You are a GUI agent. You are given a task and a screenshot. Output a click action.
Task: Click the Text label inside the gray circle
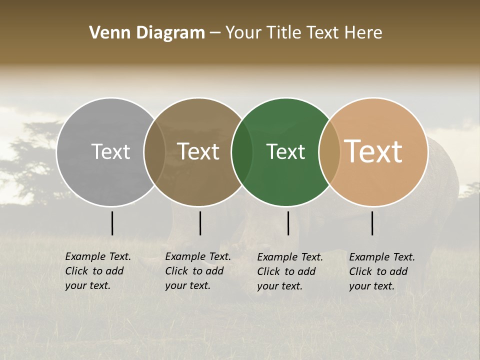click(x=110, y=151)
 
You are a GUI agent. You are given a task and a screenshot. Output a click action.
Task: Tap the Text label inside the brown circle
click(x=198, y=151)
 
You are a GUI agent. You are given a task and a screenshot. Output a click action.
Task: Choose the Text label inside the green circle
click(x=286, y=151)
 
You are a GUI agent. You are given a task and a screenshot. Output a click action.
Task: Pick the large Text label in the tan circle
click(x=373, y=151)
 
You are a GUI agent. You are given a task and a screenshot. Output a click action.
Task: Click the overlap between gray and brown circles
click(x=154, y=152)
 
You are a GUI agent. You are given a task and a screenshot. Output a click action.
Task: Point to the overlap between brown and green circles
click(x=242, y=152)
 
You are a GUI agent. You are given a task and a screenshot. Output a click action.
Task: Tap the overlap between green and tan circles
click(x=329, y=152)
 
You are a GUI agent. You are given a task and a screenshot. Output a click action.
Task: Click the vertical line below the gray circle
click(x=112, y=223)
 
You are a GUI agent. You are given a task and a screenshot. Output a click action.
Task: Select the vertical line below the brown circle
click(x=200, y=223)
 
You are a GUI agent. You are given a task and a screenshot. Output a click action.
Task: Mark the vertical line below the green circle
click(x=288, y=223)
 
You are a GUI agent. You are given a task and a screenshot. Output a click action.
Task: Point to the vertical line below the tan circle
click(x=372, y=223)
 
